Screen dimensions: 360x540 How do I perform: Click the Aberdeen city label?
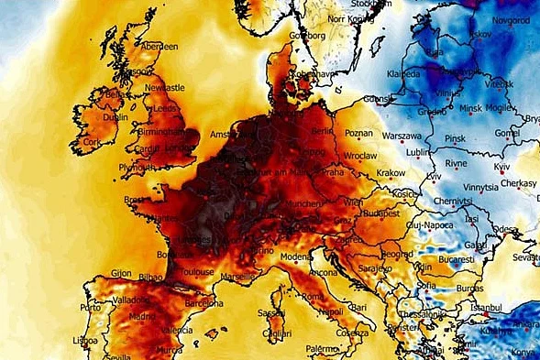pos(159,46)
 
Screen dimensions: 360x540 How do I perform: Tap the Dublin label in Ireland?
pos(116,117)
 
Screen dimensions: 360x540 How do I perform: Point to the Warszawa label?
pos(401,136)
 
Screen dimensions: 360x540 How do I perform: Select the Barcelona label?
pos(204,301)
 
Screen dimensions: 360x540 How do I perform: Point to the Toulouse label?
pos(196,272)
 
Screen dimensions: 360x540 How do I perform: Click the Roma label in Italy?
pos(313,297)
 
